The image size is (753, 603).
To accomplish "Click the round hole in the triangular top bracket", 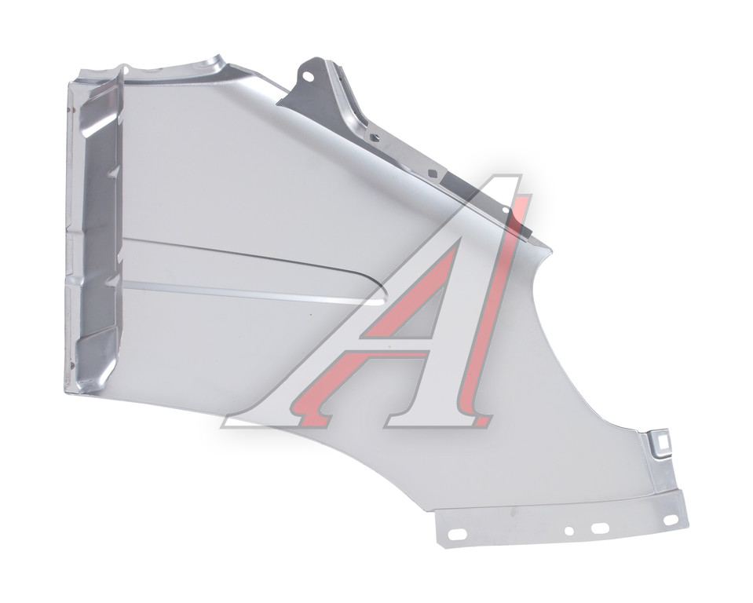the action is click(x=309, y=76).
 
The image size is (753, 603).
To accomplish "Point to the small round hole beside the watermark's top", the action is click(x=505, y=210).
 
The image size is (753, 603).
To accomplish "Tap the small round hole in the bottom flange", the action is click(x=569, y=531).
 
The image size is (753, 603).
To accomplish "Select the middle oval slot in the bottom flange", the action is click(x=601, y=528).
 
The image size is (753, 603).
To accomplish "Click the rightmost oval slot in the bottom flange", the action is click(x=670, y=521).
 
